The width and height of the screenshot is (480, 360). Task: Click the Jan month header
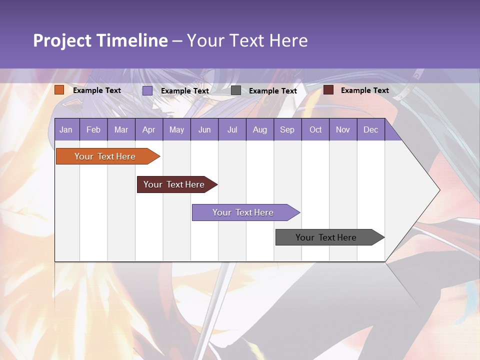point(66,129)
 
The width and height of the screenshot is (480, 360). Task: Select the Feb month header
point(93,129)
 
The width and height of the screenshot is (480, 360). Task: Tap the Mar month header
point(121,129)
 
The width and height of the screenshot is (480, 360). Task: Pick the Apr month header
point(149,129)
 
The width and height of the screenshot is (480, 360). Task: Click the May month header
point(176,129)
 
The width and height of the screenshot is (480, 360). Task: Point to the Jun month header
point(204,129)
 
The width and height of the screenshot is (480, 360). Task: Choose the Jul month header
point(232,129)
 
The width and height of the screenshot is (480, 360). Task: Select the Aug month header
point(260,129)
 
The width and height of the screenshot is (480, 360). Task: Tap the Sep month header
point(287,129)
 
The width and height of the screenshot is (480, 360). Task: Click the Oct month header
point(315,129)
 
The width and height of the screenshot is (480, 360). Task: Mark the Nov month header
point(343,129)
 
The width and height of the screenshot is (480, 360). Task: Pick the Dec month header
point(371,129)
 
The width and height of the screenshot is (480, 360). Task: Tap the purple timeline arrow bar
point(243,212)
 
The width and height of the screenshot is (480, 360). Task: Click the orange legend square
point(59,90)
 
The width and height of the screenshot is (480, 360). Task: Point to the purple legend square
point(147,90)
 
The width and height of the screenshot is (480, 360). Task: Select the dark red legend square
point(328,90)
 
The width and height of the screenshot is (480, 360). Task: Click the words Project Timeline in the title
point(100,40)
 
